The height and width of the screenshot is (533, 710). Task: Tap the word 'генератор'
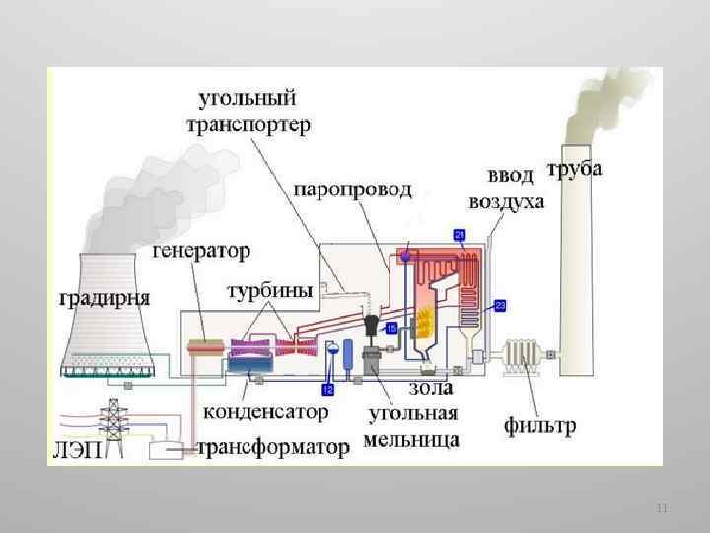click(201, 251)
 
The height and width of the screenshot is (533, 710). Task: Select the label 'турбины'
click(270, 291)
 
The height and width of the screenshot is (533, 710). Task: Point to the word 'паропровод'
click(351, 190)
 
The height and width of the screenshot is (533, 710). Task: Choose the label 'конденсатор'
click(267, 409)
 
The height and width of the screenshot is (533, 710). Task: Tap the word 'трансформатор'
click(273, 448)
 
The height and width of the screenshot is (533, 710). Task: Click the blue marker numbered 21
click(460, 234)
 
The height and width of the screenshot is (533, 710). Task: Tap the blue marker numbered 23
click(500, 304)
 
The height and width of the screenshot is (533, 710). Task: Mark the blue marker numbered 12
click(328, 392)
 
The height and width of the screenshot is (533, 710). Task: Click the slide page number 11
click(662, 509)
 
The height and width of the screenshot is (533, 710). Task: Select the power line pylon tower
click(114, 426)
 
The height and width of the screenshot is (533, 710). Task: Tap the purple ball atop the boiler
click(404, 256)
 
